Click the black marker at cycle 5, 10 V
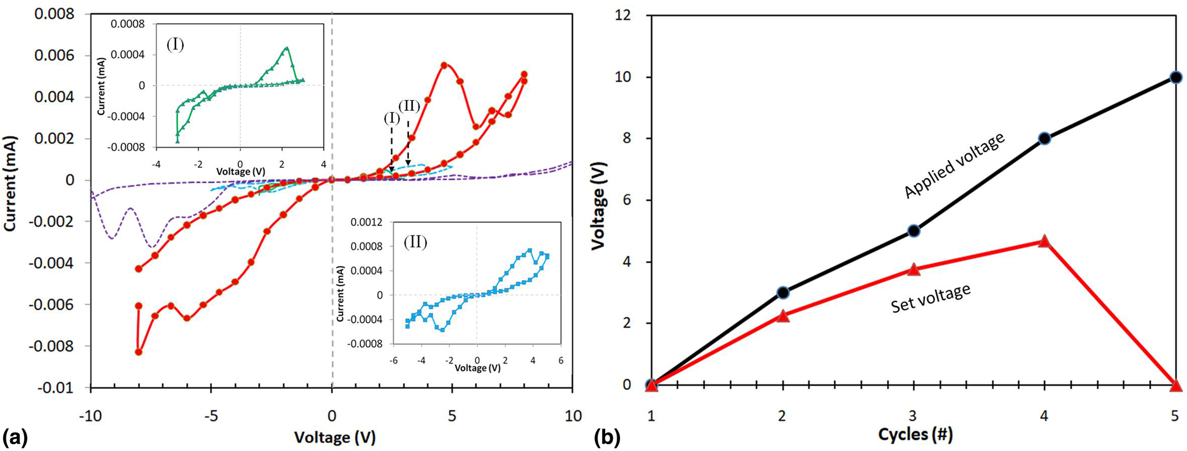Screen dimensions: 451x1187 coord(1176,77)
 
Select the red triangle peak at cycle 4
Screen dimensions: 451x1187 coord(1044,241)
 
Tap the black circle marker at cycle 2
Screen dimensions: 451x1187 coord(782,293)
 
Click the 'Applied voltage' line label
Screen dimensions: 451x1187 coord(954,165)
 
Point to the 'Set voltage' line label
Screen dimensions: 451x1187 coord(930,298)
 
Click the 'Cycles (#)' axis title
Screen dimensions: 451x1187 coord(915,435)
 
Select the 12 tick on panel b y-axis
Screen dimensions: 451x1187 coord(623,15)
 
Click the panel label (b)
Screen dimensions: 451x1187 coord(607,437)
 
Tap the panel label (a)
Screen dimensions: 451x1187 coord(15,437)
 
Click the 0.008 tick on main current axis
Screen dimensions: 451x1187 coord(53,14)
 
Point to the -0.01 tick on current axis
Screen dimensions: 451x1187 coord(56,388)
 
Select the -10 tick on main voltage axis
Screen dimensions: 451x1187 coord(91,416)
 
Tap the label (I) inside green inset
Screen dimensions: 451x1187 coord(175,44)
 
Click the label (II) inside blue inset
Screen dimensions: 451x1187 coord(415,242)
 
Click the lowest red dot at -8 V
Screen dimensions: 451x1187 coord(139,352)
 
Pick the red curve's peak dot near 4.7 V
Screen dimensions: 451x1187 coord(444,65)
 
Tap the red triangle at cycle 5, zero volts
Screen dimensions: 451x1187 coord(1176,385)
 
